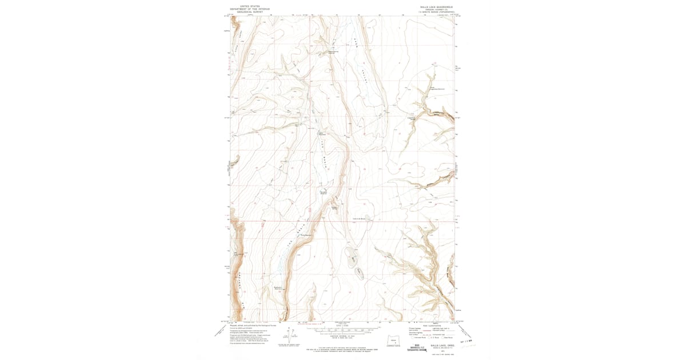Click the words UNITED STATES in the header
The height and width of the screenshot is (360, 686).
point(249,6)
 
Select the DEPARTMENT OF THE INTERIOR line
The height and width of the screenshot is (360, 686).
point(249,9)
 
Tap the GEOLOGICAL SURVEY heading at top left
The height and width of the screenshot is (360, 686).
point(249,12)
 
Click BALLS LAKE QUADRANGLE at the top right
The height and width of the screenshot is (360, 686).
point(436,6)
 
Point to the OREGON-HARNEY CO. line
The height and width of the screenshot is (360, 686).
point(436,9)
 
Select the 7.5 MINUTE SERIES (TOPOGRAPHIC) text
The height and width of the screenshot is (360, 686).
point(436,12)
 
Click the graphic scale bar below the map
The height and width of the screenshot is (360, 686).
point(342,330)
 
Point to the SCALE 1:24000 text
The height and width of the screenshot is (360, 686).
point(342,326)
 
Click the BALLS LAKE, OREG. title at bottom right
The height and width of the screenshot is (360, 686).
point(436,344)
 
